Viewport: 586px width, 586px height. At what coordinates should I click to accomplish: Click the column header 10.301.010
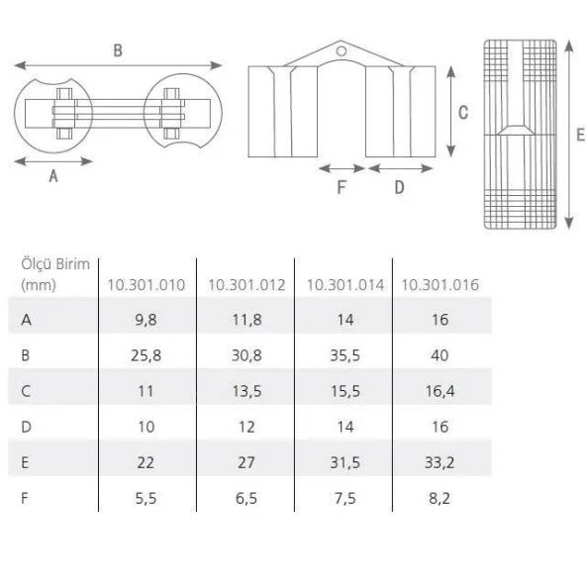pos(146,285)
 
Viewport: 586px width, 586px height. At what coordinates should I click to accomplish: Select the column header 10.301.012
pos(245,285)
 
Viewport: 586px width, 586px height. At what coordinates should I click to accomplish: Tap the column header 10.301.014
pos(345,285)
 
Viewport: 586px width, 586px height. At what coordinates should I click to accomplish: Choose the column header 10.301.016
pos(440,285)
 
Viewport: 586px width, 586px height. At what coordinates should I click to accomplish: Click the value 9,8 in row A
pos(146,319)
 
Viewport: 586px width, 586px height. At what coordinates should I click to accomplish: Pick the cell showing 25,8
pos(146,354)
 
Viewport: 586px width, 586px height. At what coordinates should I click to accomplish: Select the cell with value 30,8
pos(246,354)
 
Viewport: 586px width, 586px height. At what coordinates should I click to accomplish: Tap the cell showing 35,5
pos(344,354)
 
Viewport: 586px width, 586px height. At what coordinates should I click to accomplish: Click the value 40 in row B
pos(440,354)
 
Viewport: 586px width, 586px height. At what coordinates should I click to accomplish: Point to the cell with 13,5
pos(246,390)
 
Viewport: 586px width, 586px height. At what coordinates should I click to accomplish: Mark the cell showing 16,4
pos(440,390)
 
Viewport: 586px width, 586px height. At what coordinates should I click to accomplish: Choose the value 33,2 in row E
pos(440,461)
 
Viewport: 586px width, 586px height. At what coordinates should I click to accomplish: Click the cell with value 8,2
pos(440,497)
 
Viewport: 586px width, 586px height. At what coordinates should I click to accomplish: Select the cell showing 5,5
pos(146,497)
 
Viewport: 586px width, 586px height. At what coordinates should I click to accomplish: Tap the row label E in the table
pos(26,461)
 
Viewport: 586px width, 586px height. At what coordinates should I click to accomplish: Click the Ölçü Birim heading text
pos(55,264)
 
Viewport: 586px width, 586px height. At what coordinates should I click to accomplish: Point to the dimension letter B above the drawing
pos(118,50)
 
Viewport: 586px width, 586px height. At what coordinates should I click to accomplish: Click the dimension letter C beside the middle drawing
pos(462,113)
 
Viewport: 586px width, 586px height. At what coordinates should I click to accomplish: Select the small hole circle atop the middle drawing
pos(340,47)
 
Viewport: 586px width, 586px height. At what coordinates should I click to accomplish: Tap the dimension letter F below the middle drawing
pos(341,188)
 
